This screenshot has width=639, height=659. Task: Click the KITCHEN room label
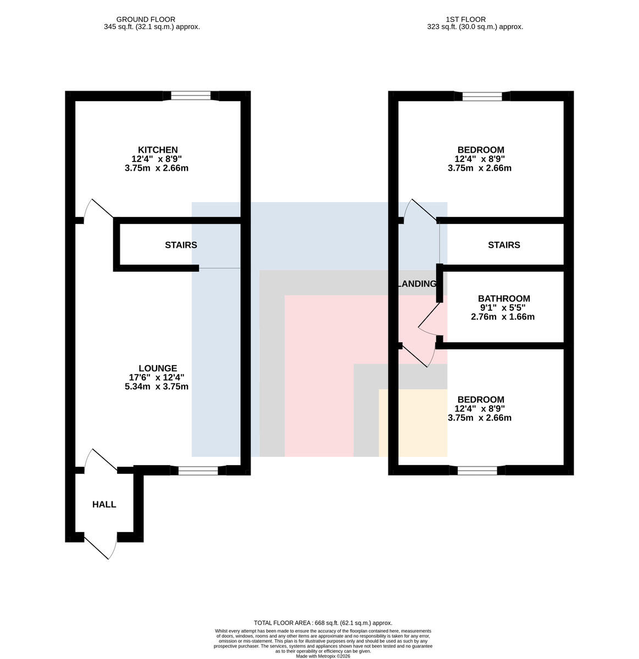pos(158,150)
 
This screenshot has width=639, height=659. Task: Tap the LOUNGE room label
pos(158,368)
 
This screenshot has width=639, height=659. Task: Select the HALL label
pos(104,504)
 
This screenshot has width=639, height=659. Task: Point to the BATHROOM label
pos(504,298)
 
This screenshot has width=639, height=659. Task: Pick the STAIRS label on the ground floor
pos(181,245)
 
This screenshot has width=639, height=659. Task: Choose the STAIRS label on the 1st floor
pos(504,245)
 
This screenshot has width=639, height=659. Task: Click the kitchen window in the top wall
pos(191,96)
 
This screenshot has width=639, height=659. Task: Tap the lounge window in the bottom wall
pos(198,471)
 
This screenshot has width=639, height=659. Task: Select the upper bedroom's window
pos(482,96)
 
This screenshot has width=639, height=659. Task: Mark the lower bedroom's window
pos(477,471)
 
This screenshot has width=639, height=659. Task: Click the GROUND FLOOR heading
pos(146,20)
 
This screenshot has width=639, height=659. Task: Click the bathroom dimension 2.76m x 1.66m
pos(502,317)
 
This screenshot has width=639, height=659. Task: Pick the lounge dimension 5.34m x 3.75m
pos(157,387)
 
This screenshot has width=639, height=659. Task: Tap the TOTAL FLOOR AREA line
pos(323,623)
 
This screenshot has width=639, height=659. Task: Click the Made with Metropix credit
pos(323,656)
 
